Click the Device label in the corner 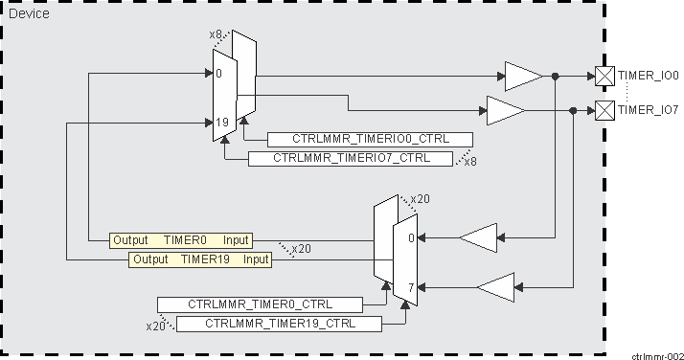click(29, 14)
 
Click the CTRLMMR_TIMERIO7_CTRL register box click(350, 158)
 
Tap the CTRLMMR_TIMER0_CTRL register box click(260, 304)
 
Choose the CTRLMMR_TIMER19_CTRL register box click(279, 324)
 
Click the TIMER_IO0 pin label click(649, 76)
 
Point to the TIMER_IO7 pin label click(649, 110)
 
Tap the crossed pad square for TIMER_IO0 click(604, 76)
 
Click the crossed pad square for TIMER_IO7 click(604, 111)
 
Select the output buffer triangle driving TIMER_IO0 click(523, 76)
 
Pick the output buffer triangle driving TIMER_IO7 click(505, 111)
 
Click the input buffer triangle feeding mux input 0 click(478, 237)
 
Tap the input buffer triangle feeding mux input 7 click(496, 286)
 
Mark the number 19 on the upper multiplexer click(221, 123)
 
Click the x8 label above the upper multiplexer click(217, 35)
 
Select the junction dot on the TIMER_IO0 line click(555, 76)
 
